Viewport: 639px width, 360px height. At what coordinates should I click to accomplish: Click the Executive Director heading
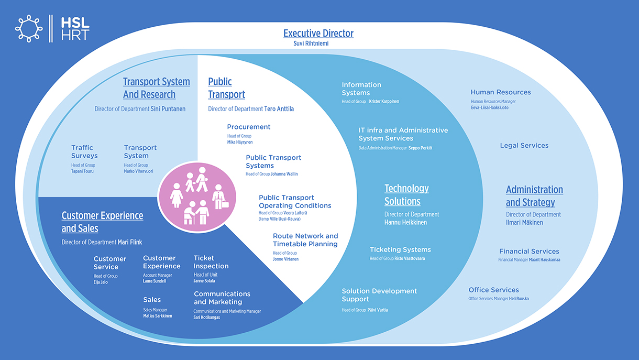[318, 34]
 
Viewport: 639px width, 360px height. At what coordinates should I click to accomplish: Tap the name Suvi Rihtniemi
[311, 43]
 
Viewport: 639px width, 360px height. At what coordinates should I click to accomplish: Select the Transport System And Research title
[156, 88]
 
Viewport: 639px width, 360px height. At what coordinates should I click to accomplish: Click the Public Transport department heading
[226, 88]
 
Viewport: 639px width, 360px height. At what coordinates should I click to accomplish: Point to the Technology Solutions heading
[406, 195]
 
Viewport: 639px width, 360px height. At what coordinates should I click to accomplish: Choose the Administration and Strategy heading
[534, 196]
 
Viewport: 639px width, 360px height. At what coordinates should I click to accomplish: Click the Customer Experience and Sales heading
[103, 222]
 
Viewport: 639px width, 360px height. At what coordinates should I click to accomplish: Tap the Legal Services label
[524, 145]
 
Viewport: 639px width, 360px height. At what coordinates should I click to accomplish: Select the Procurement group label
[248, 127]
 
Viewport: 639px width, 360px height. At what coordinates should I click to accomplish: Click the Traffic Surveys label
[84, 151]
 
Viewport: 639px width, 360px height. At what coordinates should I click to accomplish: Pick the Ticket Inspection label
[211, 262]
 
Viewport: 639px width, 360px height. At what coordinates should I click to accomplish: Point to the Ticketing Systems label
[400, 249]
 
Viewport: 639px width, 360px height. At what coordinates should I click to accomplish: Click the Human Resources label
[501, 92]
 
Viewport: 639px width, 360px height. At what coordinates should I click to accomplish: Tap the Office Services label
[493, 290]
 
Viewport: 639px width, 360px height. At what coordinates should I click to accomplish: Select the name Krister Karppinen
[384, 101]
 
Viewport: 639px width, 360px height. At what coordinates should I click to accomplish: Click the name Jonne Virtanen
[285, 259]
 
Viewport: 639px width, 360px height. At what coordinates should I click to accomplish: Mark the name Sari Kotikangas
[206, 318]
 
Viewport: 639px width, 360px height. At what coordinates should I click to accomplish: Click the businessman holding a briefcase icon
[220, 197]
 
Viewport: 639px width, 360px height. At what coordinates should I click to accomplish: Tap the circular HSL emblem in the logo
[29, 28]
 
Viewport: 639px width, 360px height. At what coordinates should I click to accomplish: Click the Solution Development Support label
[379, 295]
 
